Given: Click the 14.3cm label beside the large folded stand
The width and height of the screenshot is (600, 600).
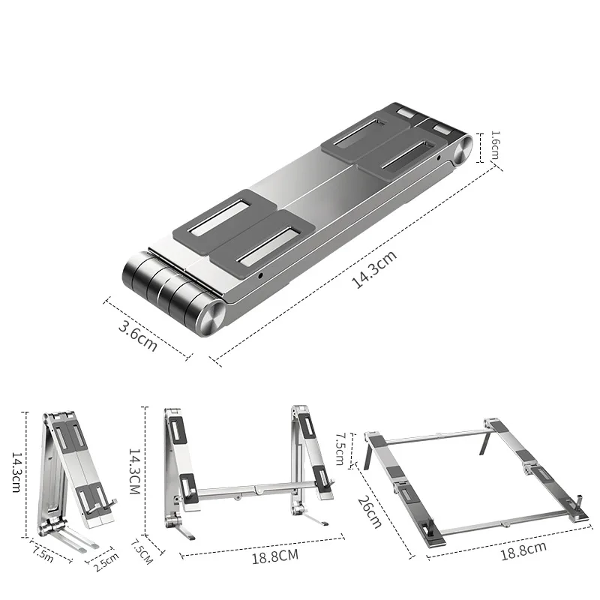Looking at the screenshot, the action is click(374, 269).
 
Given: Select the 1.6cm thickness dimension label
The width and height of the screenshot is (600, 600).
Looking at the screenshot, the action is click(495, 145).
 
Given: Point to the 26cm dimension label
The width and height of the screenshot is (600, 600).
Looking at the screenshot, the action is click(370, 512).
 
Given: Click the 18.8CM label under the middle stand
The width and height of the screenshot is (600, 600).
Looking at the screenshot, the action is click(274, 556).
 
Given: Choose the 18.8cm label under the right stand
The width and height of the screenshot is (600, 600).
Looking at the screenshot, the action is click(523, 550).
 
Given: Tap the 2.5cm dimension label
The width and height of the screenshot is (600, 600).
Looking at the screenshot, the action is click(106, 562).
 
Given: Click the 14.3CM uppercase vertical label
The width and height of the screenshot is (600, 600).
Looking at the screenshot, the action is click(134, 471).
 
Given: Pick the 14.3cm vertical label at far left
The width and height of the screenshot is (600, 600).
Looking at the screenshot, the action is click(16, 472).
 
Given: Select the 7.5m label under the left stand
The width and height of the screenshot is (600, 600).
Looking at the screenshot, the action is click(43, 554).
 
